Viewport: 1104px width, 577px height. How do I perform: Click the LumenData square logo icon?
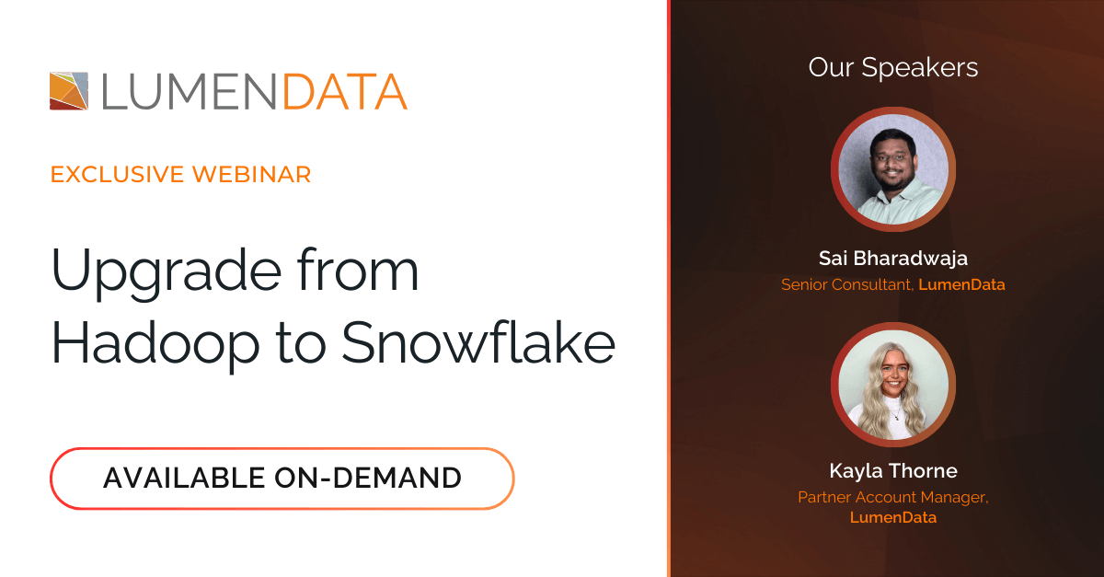click(69, 91)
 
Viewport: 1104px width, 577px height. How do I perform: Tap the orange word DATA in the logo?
click(344, 92)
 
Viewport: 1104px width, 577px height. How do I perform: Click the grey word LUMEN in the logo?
click(189, 92)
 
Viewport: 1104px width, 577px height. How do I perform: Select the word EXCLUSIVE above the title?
click(118, 175)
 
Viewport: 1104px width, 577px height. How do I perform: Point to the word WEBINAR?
click(251, 175)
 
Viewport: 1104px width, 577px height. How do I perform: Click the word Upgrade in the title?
click(167, 272)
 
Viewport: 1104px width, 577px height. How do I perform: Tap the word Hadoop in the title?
click(155, 345)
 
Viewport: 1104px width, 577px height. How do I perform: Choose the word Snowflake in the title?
click(478, 342)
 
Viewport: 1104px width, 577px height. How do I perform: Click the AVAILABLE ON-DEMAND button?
click(282, 479)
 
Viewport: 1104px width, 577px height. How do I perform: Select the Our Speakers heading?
click(893, 67)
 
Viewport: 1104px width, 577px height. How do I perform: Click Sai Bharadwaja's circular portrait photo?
click(893, 169)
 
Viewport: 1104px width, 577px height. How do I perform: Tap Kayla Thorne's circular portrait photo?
click(893, 385)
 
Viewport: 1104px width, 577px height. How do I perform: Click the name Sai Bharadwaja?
click(893, 259)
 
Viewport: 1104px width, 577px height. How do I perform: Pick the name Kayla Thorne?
click(893, 471)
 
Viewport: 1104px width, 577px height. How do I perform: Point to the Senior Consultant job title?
click(847, 284)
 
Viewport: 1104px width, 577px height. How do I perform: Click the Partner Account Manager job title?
click(893, 497)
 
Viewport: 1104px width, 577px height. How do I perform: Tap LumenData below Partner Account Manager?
click(893, 517)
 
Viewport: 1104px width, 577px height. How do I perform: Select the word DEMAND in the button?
click(397, 479)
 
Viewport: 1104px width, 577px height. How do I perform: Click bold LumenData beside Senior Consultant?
click(961, 284)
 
